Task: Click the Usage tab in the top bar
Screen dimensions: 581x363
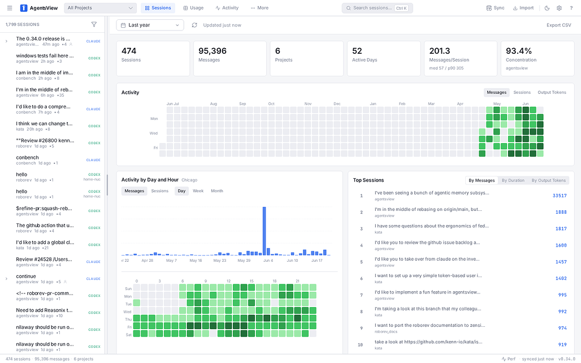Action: click(x=193, y=8)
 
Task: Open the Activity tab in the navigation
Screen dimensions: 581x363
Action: click(x=227, y=8)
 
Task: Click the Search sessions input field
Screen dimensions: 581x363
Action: click(x=377, y=8)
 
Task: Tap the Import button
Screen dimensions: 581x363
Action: click(x=523, y=8)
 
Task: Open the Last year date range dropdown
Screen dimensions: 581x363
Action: click(x=150, y=25)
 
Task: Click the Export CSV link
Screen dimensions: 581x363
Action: click(x=559, y=25)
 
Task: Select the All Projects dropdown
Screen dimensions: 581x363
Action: click(x=100, y=8)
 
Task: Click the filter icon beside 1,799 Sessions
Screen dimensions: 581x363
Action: click(x=94, y=24)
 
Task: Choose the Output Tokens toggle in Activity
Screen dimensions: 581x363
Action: click(x=552, y=92)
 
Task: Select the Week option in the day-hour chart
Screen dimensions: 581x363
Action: click(x=198, y=191)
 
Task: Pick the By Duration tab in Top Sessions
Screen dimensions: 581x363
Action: click(x=513, y=180)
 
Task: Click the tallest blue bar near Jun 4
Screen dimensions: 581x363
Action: click(x=264, y=231)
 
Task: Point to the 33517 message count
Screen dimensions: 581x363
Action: click(x=560, y=196)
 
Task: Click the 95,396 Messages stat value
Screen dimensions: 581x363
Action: click(x=213, y=51)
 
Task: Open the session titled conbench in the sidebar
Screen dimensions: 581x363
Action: click(x=28, y=158)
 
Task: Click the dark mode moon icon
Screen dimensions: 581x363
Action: click(x=547, y=8)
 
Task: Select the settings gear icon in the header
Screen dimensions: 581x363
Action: click(x=559, y=8)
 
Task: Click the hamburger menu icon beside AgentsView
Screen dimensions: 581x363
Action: click(x=10, y=8)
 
